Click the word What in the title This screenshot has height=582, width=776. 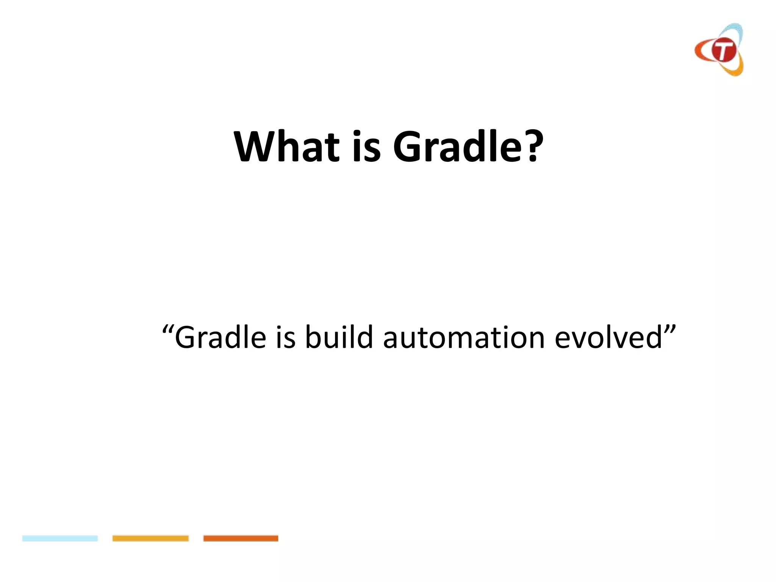click(286, 147)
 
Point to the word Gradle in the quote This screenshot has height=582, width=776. click(220, 337)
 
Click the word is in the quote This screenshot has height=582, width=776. click(285, 337)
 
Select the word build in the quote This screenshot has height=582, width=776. click(339, 337)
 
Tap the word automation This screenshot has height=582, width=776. click(464, 337)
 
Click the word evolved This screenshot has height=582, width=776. click(608, 337)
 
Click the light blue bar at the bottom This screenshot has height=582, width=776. click(60, 538)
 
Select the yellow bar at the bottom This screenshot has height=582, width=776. click(150, 538)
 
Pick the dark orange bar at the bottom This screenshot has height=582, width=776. click(241, 538)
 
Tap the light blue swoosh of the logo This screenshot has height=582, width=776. click(735, 32)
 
